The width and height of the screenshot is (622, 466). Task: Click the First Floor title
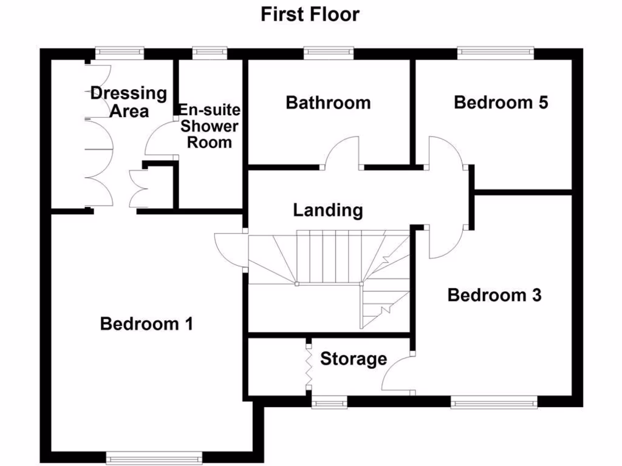(310, 14)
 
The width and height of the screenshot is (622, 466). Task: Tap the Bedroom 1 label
(146, 324)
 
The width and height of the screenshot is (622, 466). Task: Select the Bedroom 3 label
(494, 295)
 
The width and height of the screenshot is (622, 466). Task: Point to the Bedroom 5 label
(501, 103)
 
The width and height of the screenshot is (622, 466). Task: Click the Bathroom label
(328, 103)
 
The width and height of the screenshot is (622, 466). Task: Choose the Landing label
(328, 211)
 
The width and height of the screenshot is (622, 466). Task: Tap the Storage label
(354, 359)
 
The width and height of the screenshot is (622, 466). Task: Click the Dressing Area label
(128, 102)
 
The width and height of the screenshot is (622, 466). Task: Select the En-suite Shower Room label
(210, 126)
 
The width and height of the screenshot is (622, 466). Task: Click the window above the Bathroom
(329, 53)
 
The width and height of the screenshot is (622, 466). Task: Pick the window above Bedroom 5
(496, 53)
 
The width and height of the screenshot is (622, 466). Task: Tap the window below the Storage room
(329, 401)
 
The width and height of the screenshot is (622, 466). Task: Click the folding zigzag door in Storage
(309, 368)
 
